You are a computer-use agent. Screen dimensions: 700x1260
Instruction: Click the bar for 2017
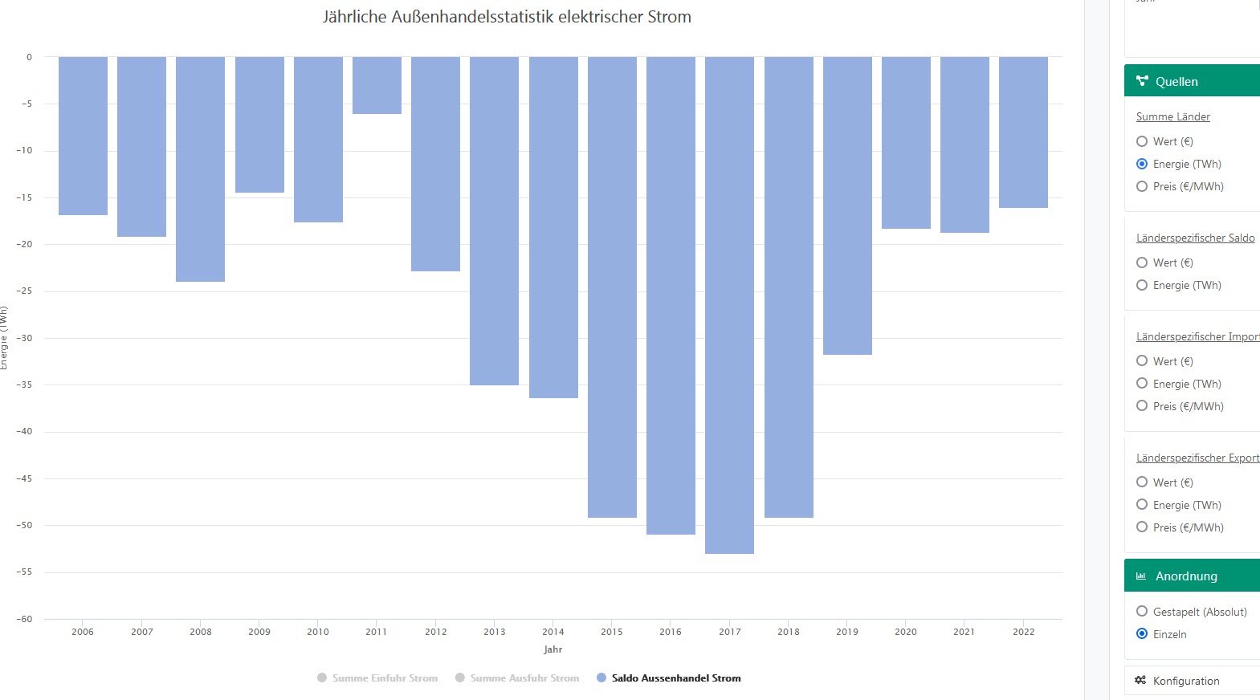click(x=729, y=305)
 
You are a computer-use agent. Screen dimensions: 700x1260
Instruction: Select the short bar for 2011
click(x=377, y=85)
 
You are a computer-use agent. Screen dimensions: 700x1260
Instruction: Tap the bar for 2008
click(x=200, y=169)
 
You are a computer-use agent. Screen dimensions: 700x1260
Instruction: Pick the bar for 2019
click(x=847, y=206)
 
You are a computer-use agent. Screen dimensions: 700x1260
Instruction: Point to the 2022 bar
click(x=1023, y=132)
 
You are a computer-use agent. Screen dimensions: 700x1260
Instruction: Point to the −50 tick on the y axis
click(x=25, y=525)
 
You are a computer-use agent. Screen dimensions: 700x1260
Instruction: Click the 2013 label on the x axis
click(x=495, y=632)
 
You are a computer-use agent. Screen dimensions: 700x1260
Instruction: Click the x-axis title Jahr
click(x=553, y=649)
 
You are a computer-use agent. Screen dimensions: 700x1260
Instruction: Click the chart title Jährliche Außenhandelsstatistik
click(x=507, y=17)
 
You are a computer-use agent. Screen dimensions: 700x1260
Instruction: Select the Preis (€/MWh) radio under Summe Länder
click(x=1142, y=186)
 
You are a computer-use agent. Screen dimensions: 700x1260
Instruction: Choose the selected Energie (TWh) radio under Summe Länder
click(x=1142, y=164)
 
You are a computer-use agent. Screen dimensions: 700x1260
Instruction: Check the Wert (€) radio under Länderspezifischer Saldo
click(x=1142, y=262)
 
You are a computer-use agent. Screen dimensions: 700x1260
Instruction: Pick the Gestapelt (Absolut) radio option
click(x=1142, y=612)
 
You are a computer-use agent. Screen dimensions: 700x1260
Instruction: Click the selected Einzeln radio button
click(x=1142, y=634)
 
